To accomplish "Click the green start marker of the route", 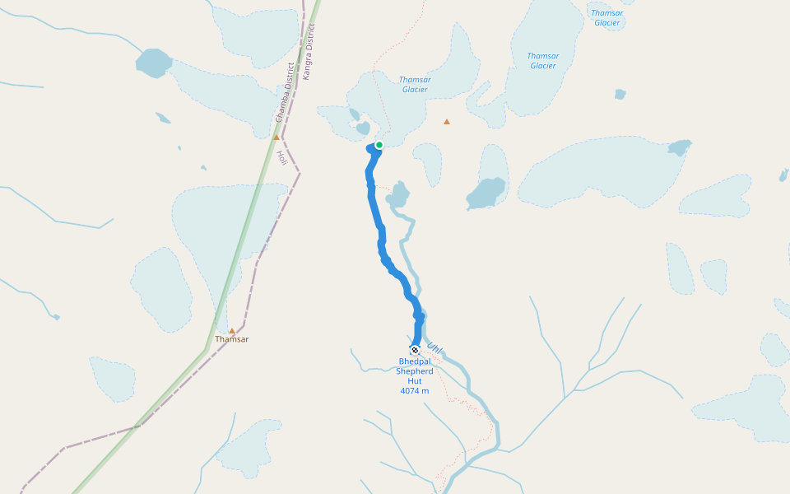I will tap(379, 145).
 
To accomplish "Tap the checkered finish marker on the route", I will tap(415, 350).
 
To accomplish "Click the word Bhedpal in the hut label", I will tap(415, 361).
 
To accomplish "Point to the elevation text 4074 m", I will tap(415, 391).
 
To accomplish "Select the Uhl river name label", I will tap(434, 349).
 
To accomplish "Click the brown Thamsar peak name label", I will tap(231, 339).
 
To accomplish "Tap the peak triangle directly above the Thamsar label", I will tap(232, 330).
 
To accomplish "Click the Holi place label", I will tap(281, 156).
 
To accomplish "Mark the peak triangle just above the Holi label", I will tap(276, 137).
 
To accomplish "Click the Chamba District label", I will tap(284, 92).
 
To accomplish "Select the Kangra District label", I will tap(309, 51).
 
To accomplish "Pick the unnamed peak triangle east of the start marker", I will tap(447, 122).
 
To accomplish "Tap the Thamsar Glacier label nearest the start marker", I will tap(415, 85).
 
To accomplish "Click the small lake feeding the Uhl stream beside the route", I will tap(399, 195).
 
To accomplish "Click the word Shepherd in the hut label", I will tap(415, 371).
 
